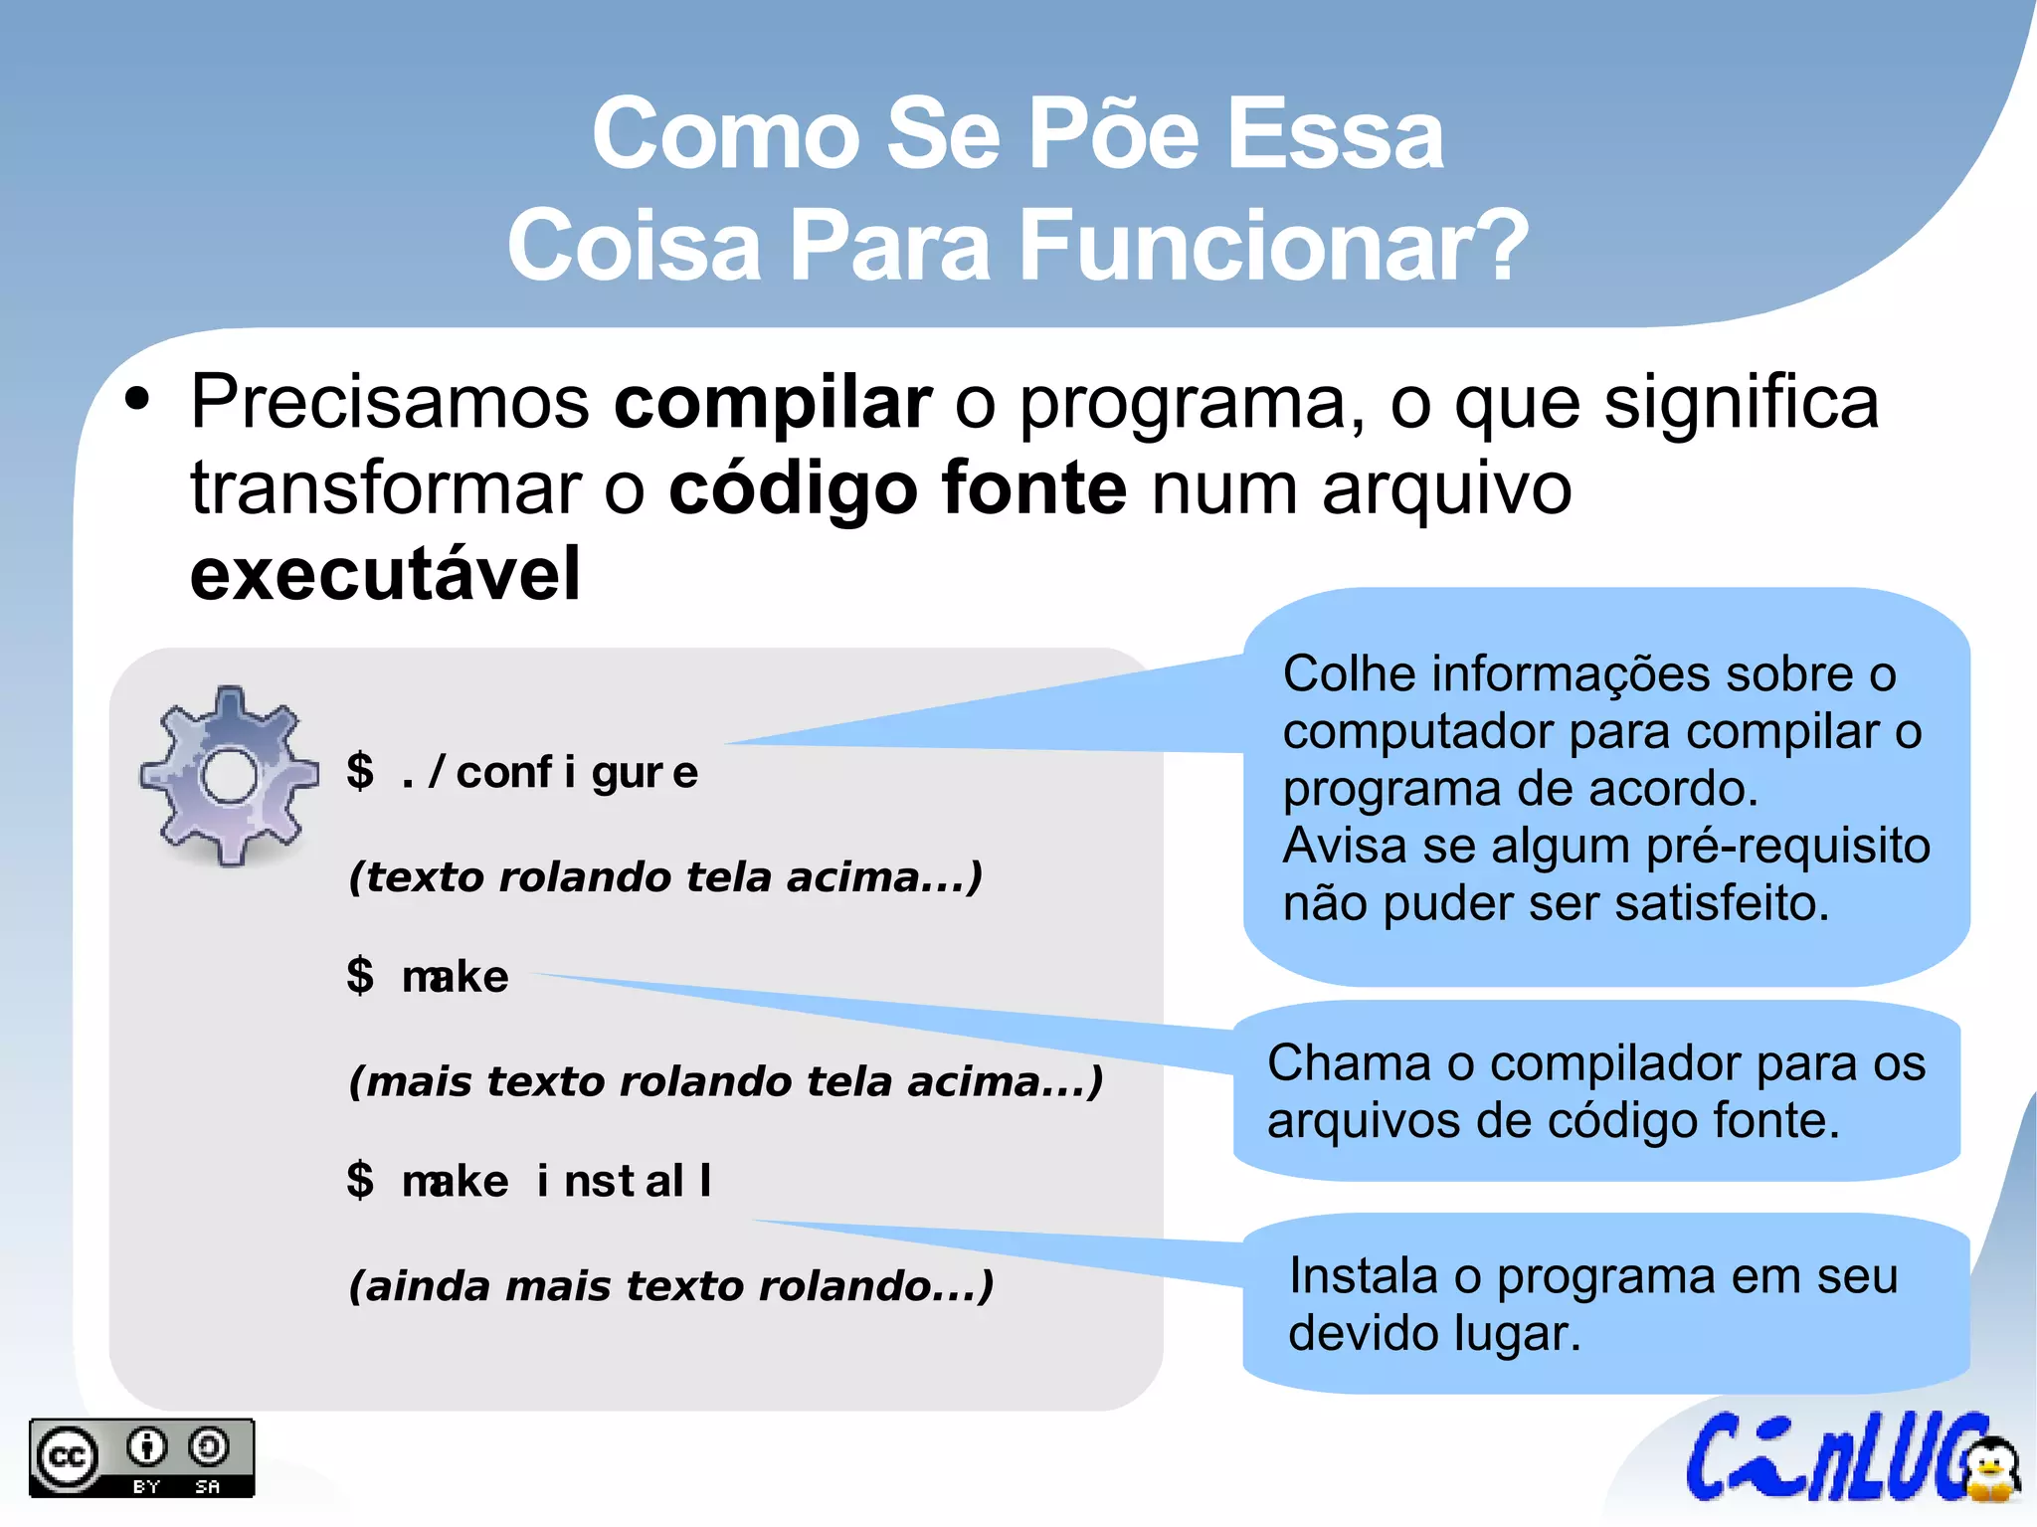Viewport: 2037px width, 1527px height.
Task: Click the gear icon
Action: [229, 775]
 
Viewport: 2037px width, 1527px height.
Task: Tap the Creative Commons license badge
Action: [141, 1457]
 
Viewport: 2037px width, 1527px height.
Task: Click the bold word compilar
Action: [773, 403]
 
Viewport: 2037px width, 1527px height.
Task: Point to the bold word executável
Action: [385, 575]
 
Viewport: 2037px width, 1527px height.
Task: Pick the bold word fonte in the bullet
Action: [1033, 488]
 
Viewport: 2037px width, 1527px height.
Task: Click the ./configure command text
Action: [550, 773]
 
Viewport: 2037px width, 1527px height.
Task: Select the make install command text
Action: [557, 1181]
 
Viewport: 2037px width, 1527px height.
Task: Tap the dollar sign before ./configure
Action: [360, 772]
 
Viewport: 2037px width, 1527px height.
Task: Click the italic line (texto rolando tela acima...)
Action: [665, 877]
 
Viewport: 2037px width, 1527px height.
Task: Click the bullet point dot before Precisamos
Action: [137, 401]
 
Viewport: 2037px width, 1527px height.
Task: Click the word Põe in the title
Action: [1113, 134]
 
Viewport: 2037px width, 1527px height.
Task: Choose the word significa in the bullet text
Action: [1741, 403]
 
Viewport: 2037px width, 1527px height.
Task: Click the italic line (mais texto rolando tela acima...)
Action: [726, 1081]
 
